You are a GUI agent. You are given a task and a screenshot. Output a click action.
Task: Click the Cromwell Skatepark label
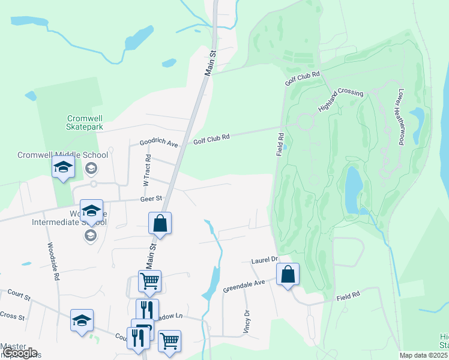85,122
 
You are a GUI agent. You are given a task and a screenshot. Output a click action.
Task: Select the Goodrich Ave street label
159,143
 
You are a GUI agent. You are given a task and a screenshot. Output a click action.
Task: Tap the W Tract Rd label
145,167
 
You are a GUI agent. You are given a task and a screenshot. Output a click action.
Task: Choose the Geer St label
151,197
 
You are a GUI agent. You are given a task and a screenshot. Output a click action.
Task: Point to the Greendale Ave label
244,286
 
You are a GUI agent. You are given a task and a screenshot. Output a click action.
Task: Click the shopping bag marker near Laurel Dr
288,275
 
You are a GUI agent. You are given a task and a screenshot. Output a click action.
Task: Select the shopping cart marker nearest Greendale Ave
149,280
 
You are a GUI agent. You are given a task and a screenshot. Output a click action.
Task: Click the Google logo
20,353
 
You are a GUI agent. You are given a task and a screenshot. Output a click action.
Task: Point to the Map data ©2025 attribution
423,355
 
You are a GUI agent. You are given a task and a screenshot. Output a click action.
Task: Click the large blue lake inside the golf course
353,190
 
